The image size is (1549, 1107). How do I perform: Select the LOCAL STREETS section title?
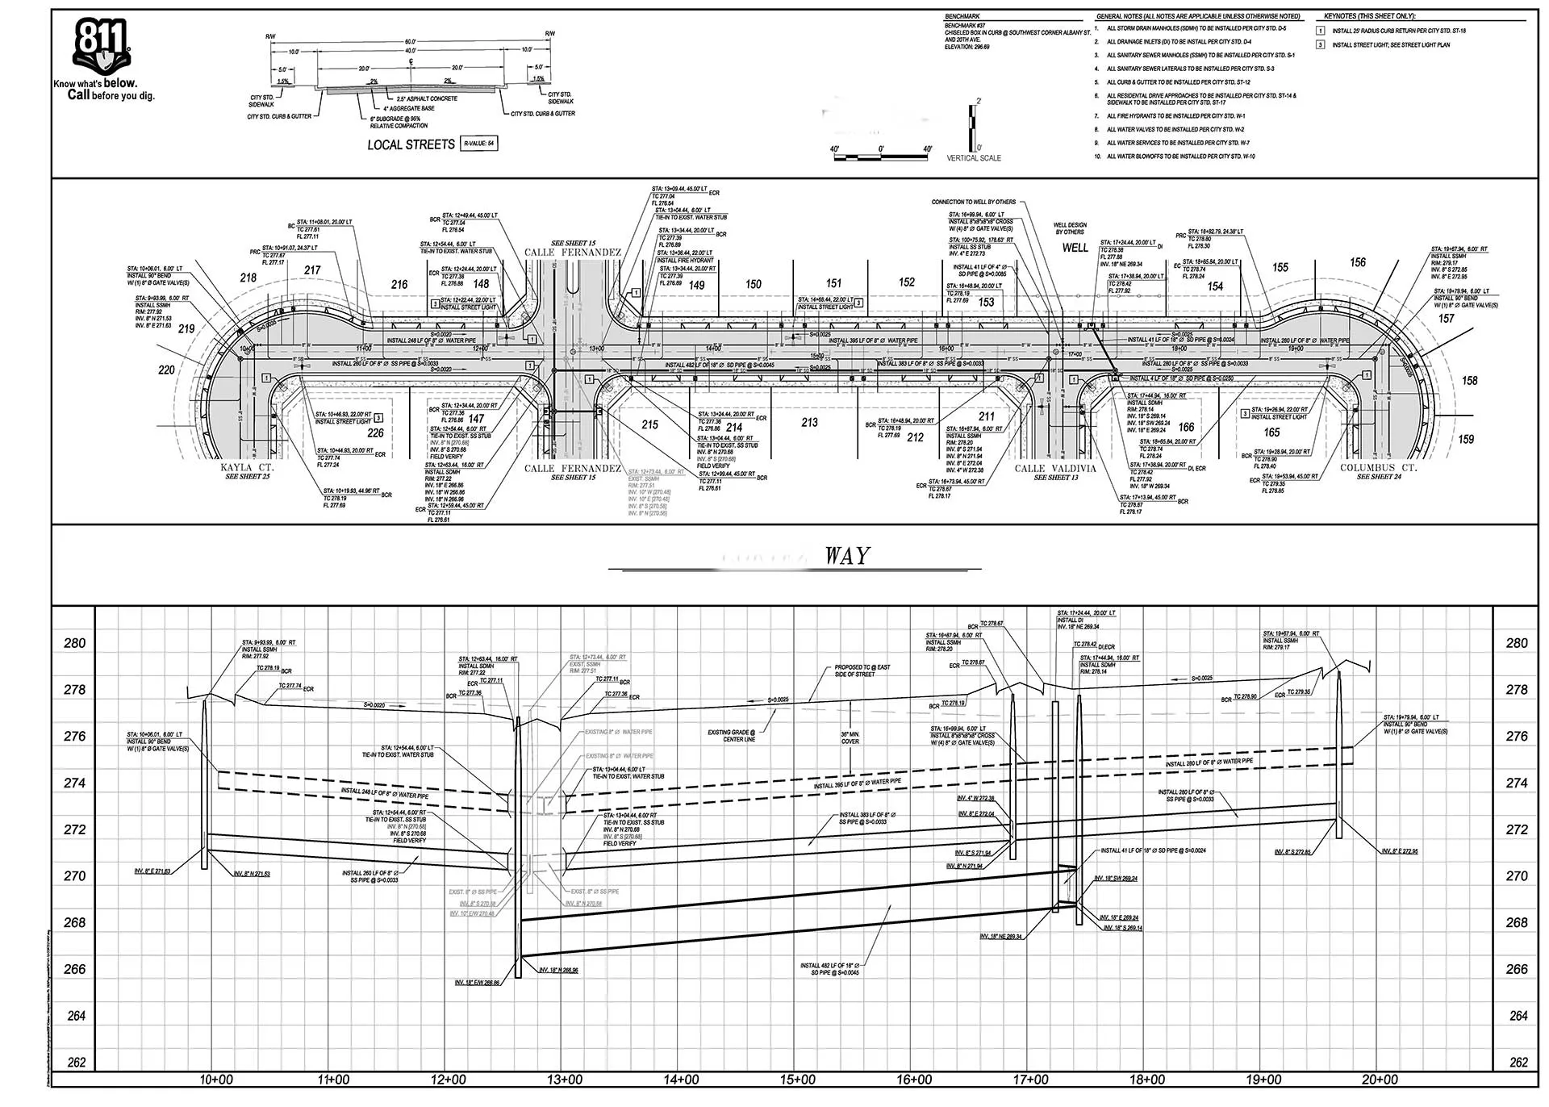(x=411, y=144)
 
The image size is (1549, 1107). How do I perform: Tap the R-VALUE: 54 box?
(x=478, y=144)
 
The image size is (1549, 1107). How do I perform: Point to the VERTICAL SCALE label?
(x=973, y=158)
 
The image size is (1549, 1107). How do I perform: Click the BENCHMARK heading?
(x=962, y=17)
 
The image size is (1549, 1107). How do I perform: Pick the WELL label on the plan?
(x=1075, y=248)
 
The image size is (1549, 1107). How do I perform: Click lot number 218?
(x=248, y=278)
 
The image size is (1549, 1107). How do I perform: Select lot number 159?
(x=1466, y=439)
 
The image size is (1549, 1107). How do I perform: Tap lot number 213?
(x=809, y=422)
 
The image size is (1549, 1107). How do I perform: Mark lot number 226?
(x=375, y=433)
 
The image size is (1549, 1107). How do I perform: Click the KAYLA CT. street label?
(x=248, y=468)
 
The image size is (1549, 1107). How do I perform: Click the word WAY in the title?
(x=847, y=556)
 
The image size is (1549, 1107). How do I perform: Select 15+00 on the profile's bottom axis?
(x=797, y=1080)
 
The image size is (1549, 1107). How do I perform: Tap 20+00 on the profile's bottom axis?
(x=1380, y=1080)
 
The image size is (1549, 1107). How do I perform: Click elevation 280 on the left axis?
(x=74, y=643)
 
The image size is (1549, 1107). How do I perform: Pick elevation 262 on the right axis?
(x=1518, y=1063)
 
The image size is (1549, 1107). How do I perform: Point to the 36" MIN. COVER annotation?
(x=850, y=737)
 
